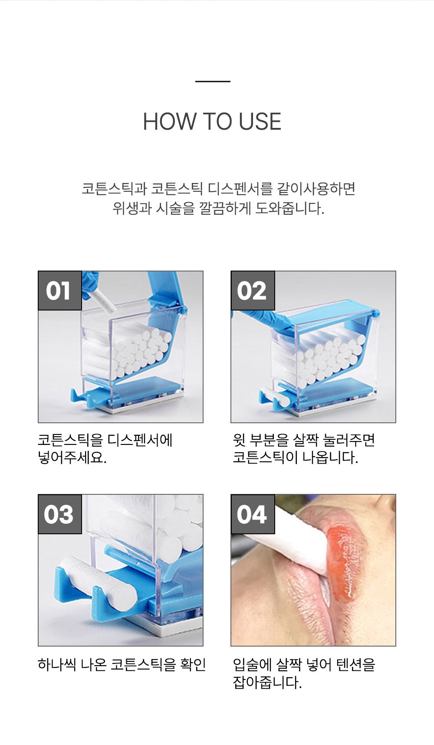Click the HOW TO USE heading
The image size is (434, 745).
click(212, 121)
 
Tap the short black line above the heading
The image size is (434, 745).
click(213, 81)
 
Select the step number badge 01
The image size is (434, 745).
click(60, 291)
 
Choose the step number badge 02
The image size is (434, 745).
click(253, 291)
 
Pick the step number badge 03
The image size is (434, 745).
click(60, 514)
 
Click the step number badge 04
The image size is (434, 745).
click(253, 514)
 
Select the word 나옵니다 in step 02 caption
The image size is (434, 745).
click(330, 457)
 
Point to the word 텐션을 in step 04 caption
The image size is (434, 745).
click(356, 664)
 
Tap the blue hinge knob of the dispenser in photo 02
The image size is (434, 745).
click(376, 313)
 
